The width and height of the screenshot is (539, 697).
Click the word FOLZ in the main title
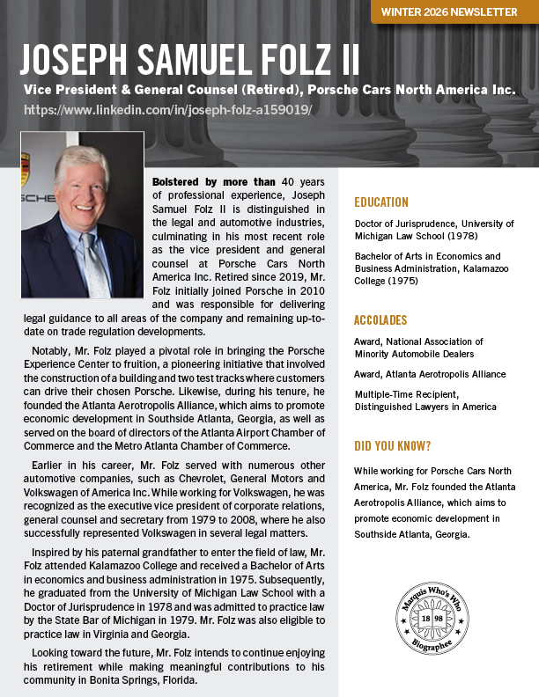[x=294, y=60]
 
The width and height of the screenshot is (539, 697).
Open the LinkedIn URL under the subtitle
[x=166, y=110]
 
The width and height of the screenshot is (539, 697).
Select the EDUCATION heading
[x=381, y=202]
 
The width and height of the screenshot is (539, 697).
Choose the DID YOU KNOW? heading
[x=393, y=446]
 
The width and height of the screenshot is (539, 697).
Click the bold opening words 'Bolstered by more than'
[x=201, y=182]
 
